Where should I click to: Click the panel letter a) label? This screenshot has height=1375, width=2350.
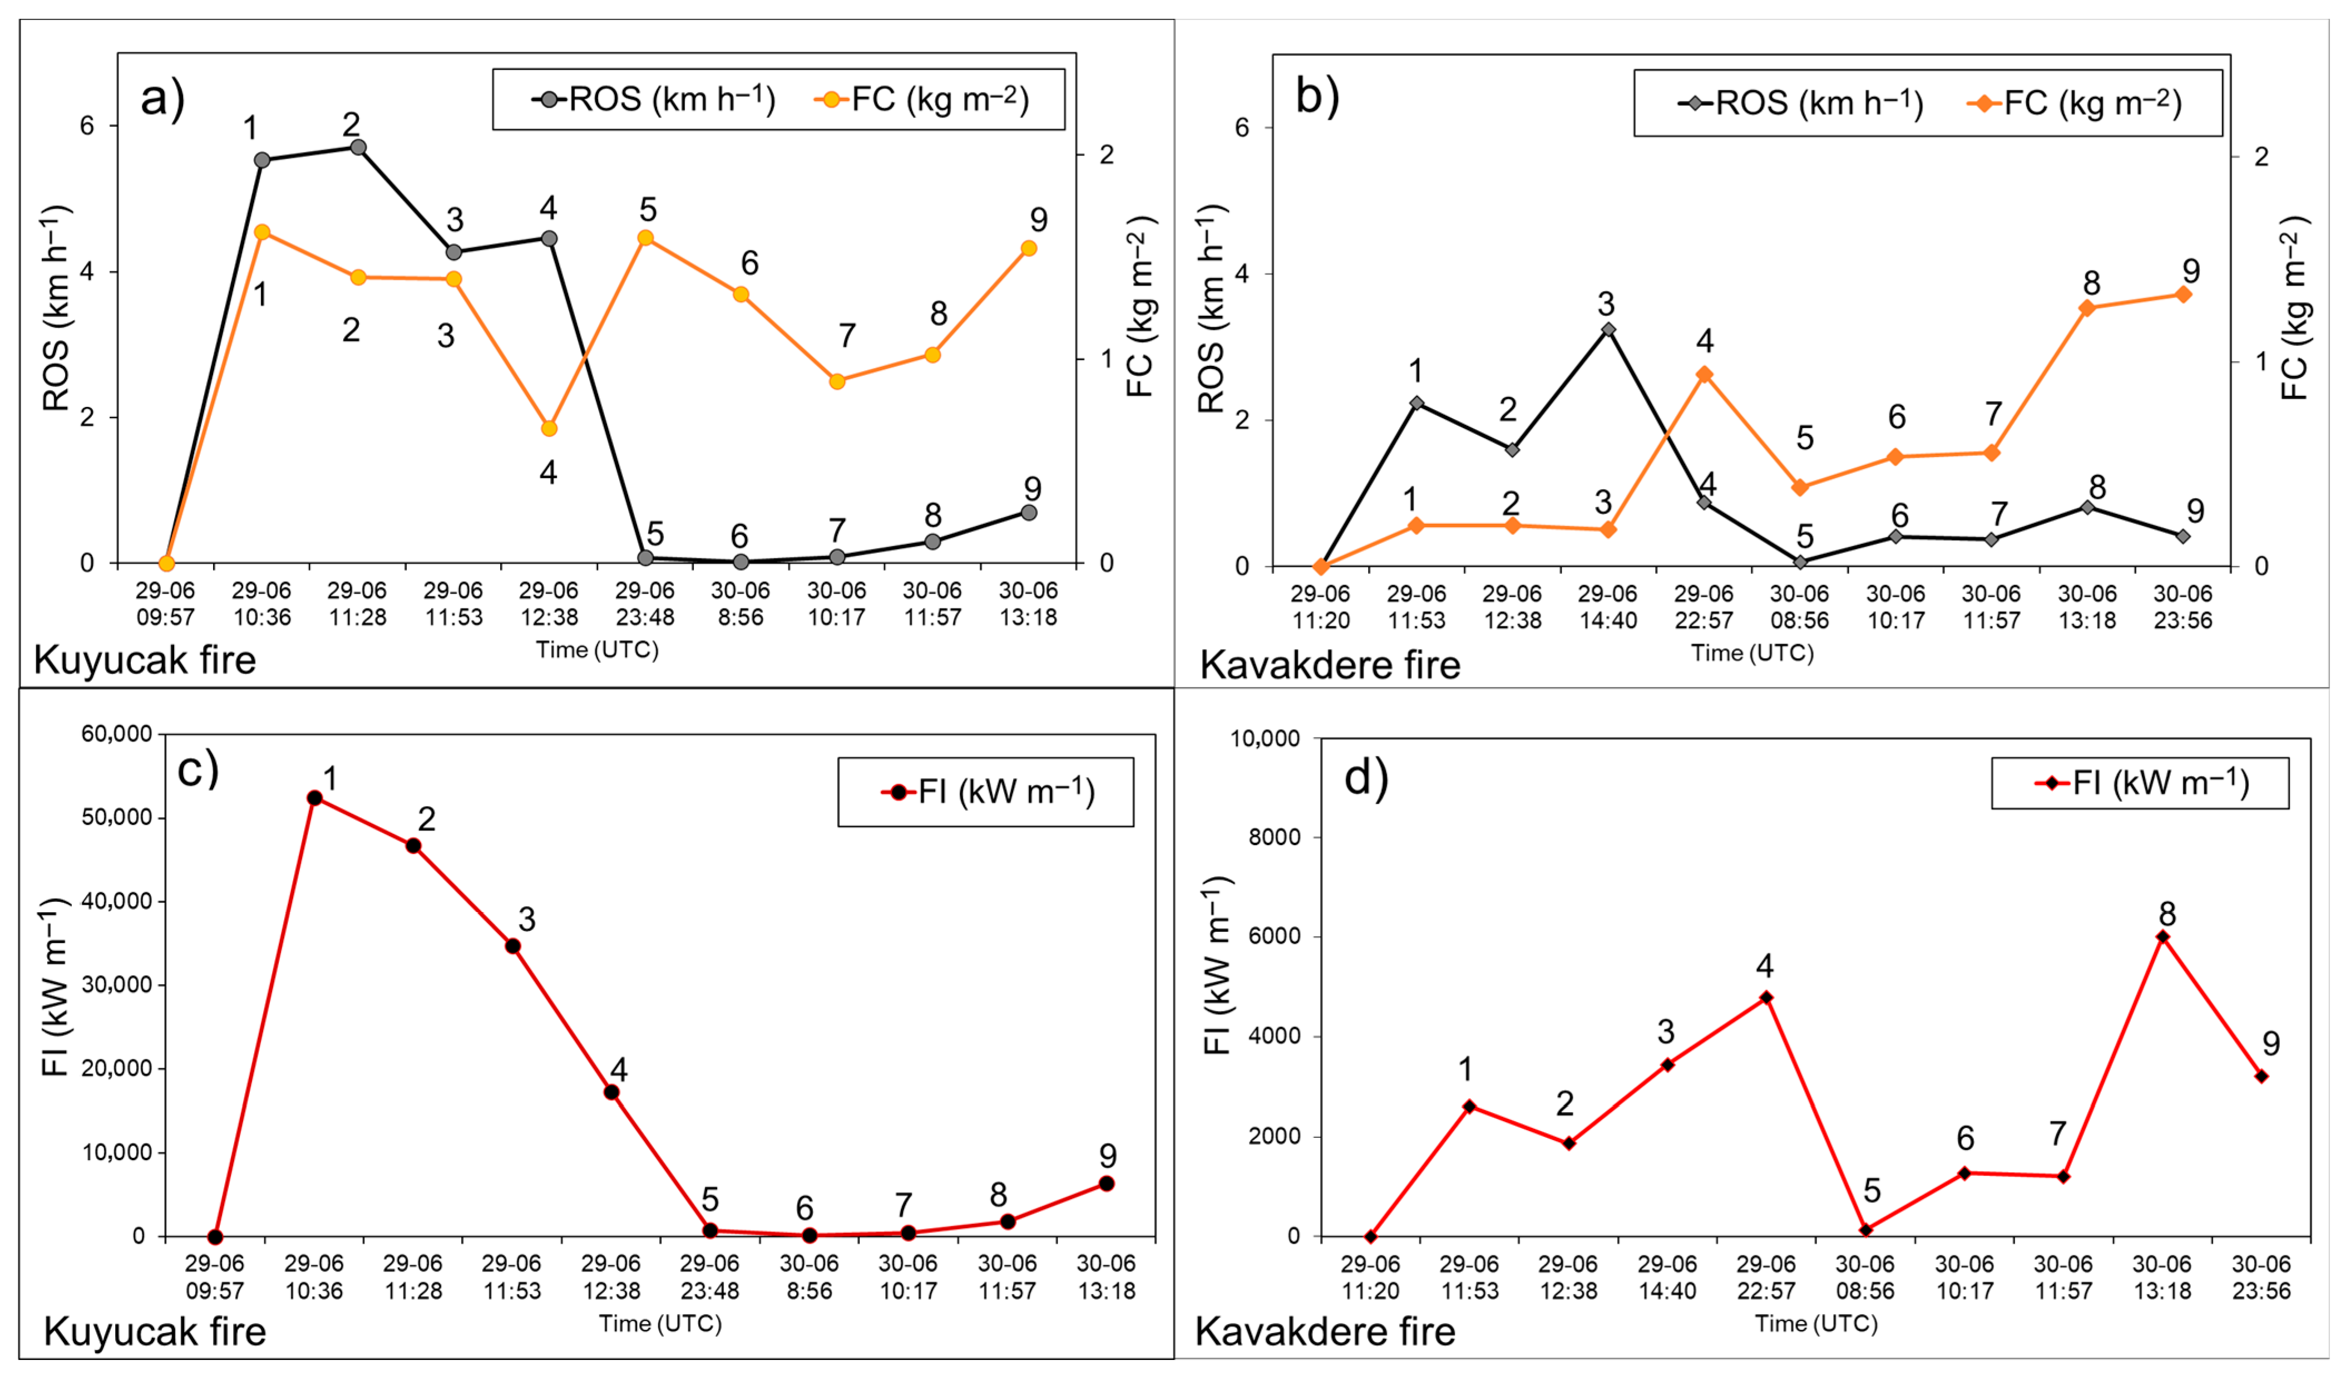[162, 99]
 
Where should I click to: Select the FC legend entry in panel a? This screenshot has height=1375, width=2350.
[922, 99]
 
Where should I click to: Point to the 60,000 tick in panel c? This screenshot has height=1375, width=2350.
[117, 734]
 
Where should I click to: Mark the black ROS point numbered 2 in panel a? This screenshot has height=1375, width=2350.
[357, 148]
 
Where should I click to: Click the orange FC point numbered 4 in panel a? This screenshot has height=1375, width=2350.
[549, 428]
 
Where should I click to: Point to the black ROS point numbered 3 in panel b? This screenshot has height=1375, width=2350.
[1608, 330]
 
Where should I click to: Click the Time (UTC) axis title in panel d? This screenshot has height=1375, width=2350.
[1816, 1324]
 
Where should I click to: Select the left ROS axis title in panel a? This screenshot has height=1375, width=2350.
[56, 308]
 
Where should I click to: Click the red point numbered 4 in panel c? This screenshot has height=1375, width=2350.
[612, 1092]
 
